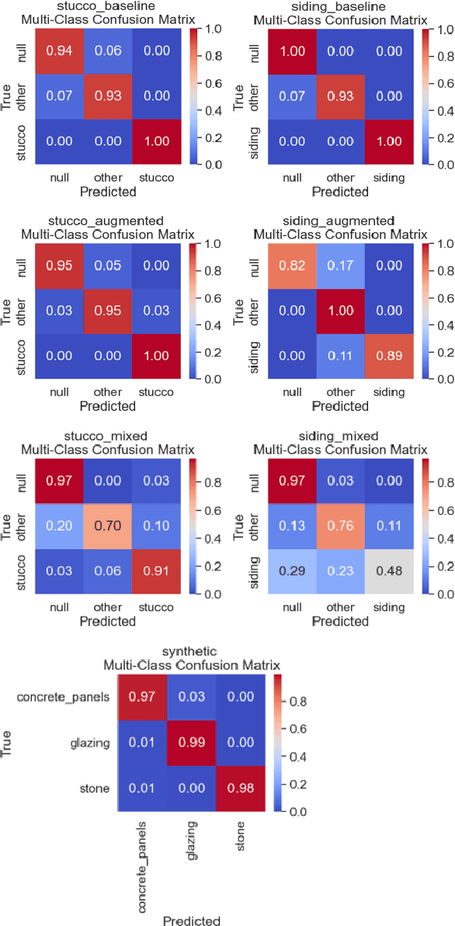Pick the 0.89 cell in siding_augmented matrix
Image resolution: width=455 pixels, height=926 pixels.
(387, 356)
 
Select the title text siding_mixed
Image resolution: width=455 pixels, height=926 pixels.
(342, 437)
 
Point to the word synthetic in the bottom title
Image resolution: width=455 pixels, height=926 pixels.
(192, 651)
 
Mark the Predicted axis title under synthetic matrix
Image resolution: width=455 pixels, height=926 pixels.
(191, 920)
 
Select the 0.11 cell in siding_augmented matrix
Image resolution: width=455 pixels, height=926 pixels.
(339, 356)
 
